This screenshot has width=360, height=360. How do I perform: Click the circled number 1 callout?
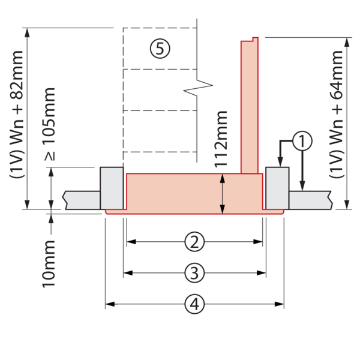pyautogui.click(x=303, y=142)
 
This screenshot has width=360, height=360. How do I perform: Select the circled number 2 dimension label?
pyautogui.click(x=193, y=242)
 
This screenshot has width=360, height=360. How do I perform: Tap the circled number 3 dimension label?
pyautogui.click(x=193, y=274)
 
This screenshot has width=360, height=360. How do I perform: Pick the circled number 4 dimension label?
pyautogui.click(x=193, y=305)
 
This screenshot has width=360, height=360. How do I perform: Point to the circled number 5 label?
pyautogui.click(x=160, y=49)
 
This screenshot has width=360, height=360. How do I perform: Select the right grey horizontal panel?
pyautogui.click(x=310, y=200)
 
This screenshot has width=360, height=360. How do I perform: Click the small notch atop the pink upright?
pyautogui.click(x=255, y=39)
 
